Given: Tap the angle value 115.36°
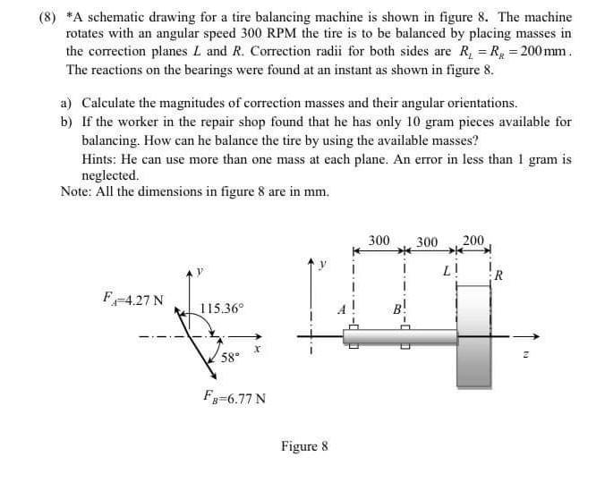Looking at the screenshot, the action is tap(220, 309).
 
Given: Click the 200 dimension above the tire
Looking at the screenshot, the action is tap(474, 241).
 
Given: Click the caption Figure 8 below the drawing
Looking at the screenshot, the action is tap(305, 445).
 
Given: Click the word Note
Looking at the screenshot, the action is tap(76, 191).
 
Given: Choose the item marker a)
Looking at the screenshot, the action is tap(68, 104).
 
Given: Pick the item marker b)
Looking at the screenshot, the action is tap(68, 122).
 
